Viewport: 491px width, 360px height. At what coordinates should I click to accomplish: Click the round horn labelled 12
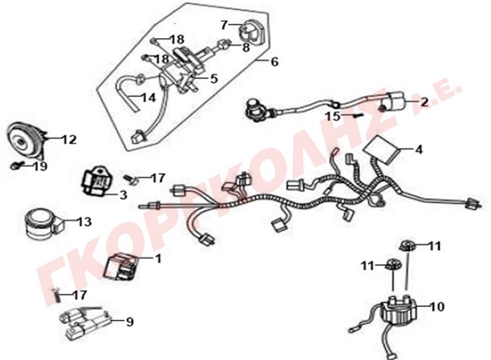(x=26, y=139)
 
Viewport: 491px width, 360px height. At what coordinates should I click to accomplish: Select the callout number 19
(x=40, y=167)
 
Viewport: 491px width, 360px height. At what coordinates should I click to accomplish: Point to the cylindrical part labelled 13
(x=42, y=224)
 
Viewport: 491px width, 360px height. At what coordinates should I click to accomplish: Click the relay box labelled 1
(x=121, y=266)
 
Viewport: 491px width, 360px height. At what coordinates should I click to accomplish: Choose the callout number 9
(x=129, y=322)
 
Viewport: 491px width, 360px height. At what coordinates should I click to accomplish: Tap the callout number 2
(x=424, y=101)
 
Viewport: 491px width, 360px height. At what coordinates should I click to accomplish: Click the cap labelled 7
(x=252, y=32)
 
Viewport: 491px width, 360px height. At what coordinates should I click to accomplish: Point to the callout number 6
(x=274, y=61)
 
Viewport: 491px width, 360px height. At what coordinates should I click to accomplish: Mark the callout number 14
(x=149, y=98)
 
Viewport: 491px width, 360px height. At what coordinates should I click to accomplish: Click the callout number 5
(x=214, y=78)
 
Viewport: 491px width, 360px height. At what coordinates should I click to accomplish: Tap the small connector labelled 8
(x=224, y=43)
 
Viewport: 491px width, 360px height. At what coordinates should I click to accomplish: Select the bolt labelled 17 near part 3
(x=131, y=180)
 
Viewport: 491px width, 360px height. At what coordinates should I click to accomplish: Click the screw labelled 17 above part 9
(x=56, y=295)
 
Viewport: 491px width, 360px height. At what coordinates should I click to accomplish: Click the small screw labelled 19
(x=17, y=166)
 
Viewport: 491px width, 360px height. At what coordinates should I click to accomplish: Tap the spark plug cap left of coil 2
(x=256, y=108)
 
